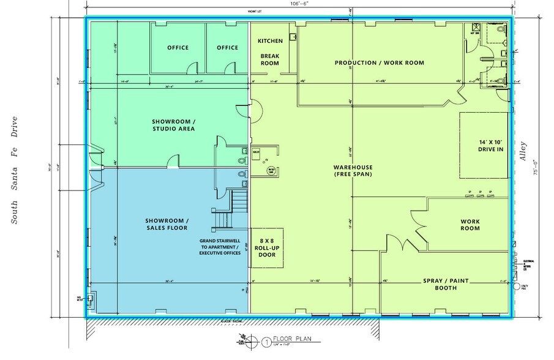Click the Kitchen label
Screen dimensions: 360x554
coord(270,41)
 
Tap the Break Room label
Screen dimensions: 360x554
coord(270,59)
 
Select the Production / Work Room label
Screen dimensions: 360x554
coord(379,63)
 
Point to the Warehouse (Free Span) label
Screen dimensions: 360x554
coord(353,171)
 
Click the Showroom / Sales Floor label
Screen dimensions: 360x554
coord(167,225)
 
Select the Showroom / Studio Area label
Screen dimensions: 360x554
coord(174,125)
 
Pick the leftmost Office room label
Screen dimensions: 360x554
coord(178,48)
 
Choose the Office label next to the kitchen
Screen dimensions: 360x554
coord(227,48)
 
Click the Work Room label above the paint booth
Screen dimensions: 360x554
coord(470,225)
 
